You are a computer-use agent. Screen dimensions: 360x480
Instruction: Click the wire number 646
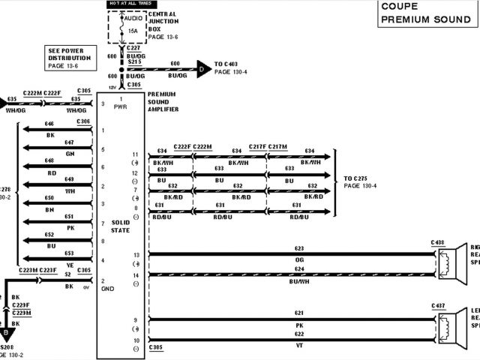[x=49, y=124]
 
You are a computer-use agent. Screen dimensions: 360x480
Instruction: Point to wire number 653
[x=69, y=253]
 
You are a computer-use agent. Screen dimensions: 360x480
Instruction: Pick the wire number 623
[x=298, y=248]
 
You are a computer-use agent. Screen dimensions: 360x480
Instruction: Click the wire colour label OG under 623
[x=298, y=259]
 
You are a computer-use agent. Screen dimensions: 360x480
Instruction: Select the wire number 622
[x=298, y=334]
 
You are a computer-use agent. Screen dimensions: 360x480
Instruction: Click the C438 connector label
[x=438, y=242]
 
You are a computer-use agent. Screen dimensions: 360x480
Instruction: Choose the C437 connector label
[x=438, y=306]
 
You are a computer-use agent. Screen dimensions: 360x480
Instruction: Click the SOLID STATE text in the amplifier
[x=121, y=226]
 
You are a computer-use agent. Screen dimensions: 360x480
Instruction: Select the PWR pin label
[x=121, y=107]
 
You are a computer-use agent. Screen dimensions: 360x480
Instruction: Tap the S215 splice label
[x=135, y=61]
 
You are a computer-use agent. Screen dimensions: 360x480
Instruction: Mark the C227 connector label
[x=135, y=48]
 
